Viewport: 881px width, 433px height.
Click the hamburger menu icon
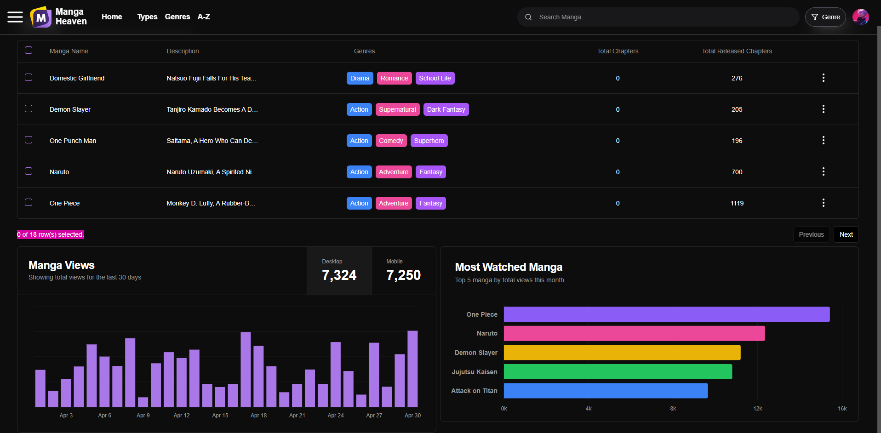pos(15,17)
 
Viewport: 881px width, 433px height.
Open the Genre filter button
pos(825,17)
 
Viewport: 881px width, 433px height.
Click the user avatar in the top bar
pos(861,17)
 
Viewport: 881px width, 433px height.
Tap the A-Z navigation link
pos(204,17)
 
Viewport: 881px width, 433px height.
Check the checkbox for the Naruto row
pos(29,171)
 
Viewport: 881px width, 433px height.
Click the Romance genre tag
pos(394,78)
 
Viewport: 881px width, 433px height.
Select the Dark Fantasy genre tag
pos(446,109)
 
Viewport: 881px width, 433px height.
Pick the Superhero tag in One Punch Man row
pos(429,141)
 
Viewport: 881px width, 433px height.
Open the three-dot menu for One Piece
pos(823,203)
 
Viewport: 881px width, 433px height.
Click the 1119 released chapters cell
pos(737,203)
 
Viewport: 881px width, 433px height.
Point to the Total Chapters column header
pos(618,51)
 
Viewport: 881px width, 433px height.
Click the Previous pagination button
pos(811,234)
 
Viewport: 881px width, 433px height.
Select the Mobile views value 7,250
pos(403,275)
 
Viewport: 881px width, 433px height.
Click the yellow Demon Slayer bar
pos(622,353)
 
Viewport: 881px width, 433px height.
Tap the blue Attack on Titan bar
pos(606,391)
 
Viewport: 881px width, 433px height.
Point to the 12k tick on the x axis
pos(757,409)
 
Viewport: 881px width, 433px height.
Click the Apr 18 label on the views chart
pos(258,416)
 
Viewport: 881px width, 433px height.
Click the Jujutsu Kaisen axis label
pos(474,372)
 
